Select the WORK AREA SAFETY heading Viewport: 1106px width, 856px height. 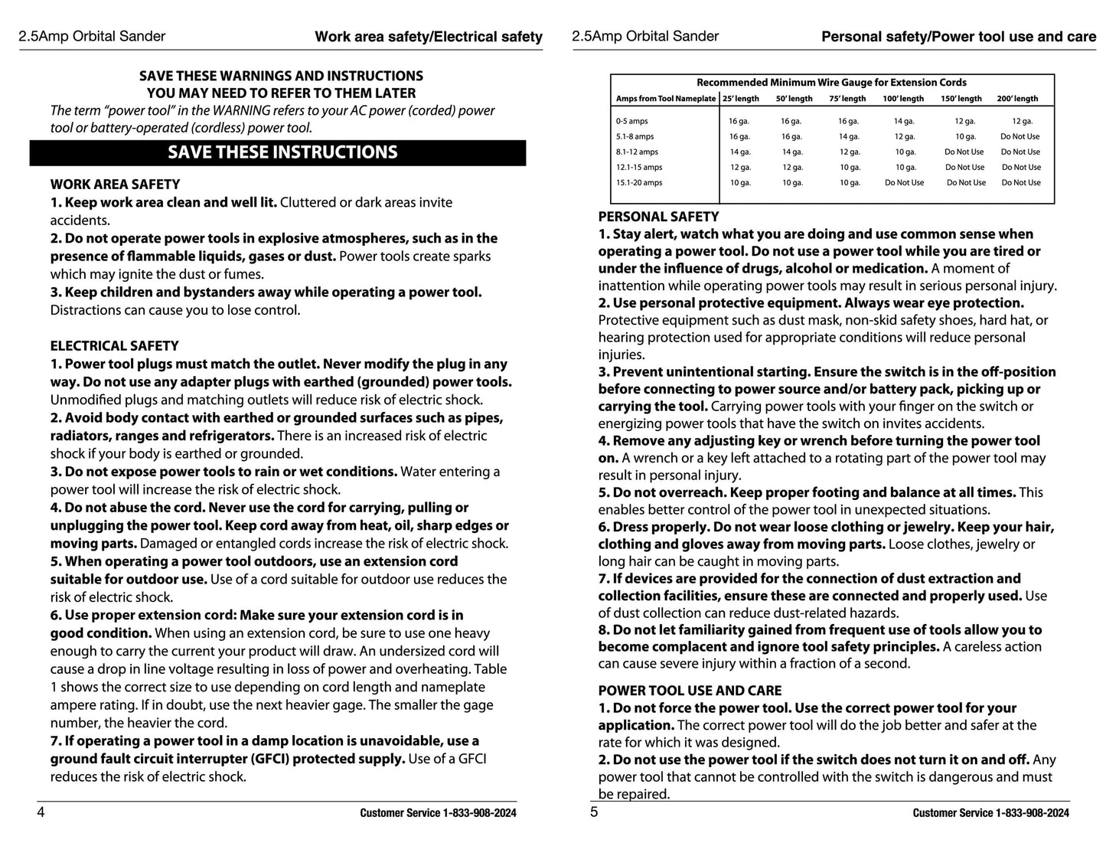coord(115,185)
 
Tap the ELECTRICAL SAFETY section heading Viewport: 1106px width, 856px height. coord(114,346)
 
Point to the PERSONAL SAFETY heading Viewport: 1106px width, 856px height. coord(658,217)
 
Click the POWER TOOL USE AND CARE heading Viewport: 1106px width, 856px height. coord(690,691)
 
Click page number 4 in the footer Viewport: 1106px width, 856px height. coord(41,812)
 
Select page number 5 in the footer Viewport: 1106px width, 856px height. coord(594,812)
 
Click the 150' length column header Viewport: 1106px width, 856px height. coord(961,99)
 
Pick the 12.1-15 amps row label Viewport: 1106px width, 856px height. coord(639,167)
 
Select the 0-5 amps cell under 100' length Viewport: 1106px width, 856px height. coord(903,121)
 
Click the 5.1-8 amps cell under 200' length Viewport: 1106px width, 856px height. coord(1020,136)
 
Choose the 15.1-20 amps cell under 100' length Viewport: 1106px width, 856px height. coord(904,183)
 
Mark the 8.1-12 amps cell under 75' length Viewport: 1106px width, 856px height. coord(849,152)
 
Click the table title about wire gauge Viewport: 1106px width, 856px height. coord(831,83)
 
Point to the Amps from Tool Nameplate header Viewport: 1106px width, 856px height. coord(666,99)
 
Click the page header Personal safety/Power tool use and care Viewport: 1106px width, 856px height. coord(958,37)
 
